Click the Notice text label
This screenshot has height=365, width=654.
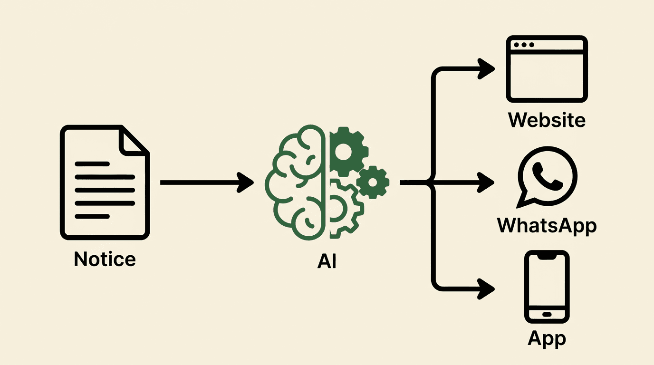105,259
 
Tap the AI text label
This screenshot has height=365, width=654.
327,261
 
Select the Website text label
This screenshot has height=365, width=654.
547,119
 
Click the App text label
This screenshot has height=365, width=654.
547,338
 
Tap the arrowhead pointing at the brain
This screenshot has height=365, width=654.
246,182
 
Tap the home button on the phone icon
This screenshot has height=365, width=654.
547,314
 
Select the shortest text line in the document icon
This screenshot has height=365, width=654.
92,216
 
